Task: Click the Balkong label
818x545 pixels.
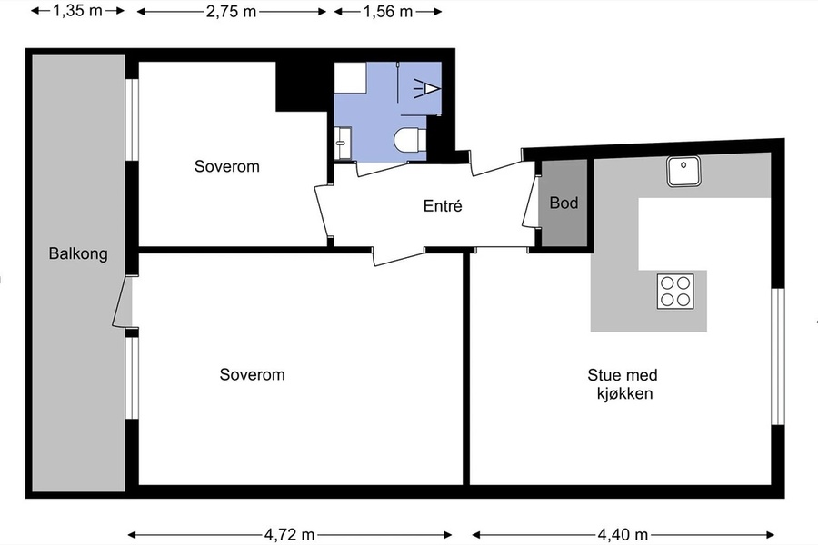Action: click(x=78, y=254)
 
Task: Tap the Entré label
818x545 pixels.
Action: click(x=443, y=206)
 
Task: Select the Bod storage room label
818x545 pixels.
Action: click(x=564, y=203)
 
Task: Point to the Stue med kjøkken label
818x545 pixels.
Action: click(x=623, y=384)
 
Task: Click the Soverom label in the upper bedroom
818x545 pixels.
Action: click(x=227, y=166)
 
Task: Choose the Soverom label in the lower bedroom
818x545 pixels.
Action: click(x=252, y=374)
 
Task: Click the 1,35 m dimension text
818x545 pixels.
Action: click(x=78, y=10)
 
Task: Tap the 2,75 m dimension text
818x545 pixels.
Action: click(x=231, y=11)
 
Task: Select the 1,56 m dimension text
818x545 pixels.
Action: click(x=387, y=11)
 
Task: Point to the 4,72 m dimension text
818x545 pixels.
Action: click(x=290, y=535)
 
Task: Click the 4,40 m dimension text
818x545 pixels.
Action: click(x=623, y=535)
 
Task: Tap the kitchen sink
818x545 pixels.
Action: click(x=683, y=171)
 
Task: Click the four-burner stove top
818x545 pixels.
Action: click(x=675, y=292)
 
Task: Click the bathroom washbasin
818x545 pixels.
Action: click(x=343, y=143)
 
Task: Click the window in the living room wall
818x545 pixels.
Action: click(x=778, y=356)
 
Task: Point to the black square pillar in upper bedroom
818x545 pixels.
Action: click(x=304, y=86)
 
